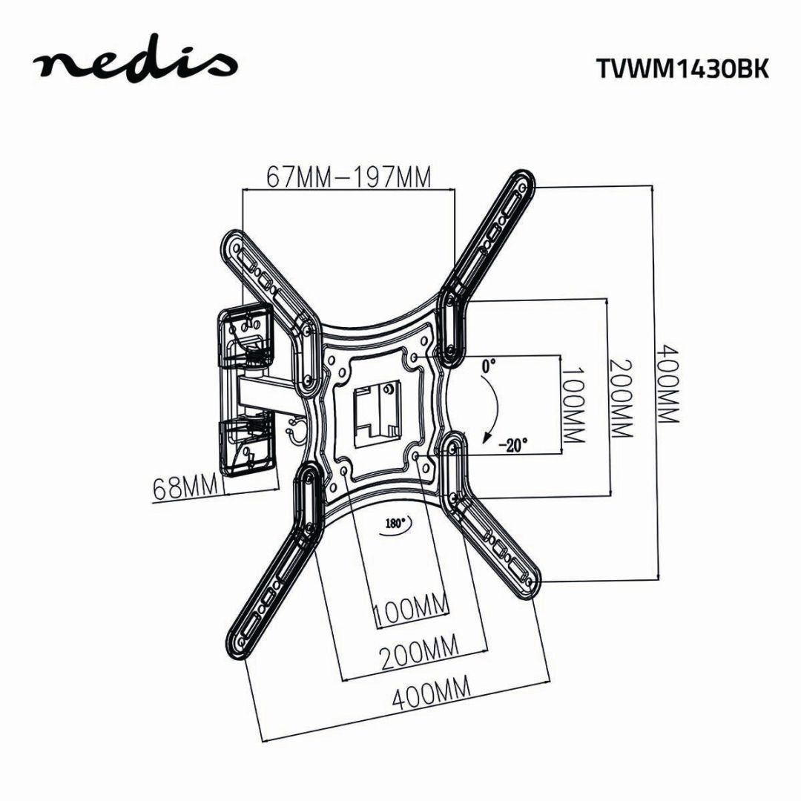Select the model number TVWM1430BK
pyautogui.click(x=682, y=67)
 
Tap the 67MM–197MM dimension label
pyautogui.click(x=349, y=178)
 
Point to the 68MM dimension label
pyautogui.click(x=185, y=488)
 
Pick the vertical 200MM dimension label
pyautogui.click(x=622, y=398)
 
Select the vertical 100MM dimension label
pyautogui.click(x=573, y=404)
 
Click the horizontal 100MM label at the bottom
pyautogui.click(x=411, y=613)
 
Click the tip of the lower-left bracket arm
pyautogui.click(x=236, y=642)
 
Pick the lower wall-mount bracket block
pyautogui.click(x=246, y=445)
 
